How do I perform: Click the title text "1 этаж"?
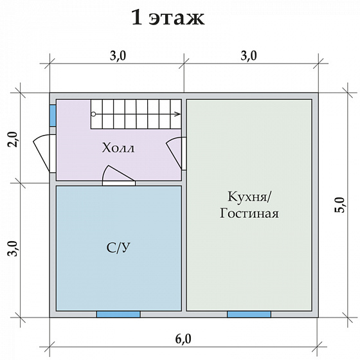[168, 17]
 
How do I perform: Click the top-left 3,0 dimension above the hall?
[118, 56]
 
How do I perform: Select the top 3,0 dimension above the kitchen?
[248, 56]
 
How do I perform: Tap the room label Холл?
[118, 148]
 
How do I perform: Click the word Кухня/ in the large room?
[249, 196]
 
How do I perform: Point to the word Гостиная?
[249, 213]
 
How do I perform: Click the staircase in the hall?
[135, 114]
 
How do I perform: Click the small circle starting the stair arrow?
[93, 114]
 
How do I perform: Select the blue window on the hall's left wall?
[53, 114]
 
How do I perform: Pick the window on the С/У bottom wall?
[118, 314]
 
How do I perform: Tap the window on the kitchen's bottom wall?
[248, 314]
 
